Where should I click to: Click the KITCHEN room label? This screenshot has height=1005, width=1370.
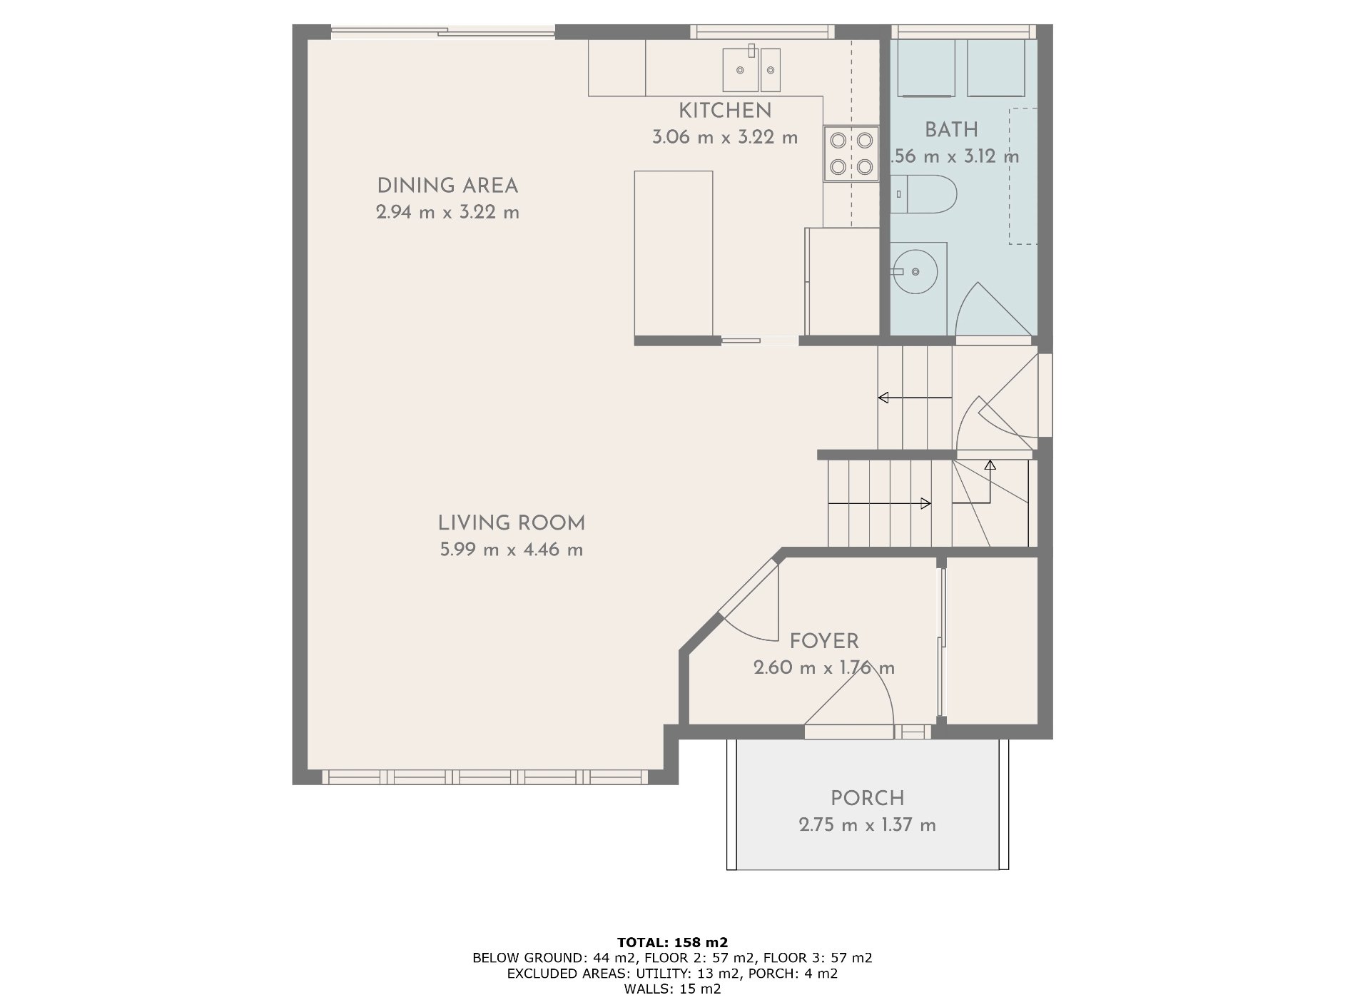click(724, 111)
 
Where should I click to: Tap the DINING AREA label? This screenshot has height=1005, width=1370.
click(447, 186)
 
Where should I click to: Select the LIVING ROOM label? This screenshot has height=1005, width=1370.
click(512, 524)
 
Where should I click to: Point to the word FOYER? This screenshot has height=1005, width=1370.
click(824, 642)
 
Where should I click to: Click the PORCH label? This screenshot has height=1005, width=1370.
click(867, 799)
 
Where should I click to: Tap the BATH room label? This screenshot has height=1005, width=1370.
click(951, 131)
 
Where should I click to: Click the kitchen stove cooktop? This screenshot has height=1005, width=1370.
click(851, 153)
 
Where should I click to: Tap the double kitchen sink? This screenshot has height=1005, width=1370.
click(751, 70)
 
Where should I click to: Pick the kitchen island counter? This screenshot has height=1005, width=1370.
click(674, 253)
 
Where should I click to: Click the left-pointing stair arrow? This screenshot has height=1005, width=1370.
click(915, 398)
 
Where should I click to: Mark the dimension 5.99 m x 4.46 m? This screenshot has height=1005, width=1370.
click(512, 550)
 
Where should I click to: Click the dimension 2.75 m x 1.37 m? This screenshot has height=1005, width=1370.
click(867, 825)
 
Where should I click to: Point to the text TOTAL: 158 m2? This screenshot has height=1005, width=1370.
click(672, 943)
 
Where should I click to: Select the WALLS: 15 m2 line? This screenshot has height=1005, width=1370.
click(672, 989)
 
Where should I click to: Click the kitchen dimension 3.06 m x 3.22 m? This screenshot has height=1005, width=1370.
click(725, 138)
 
